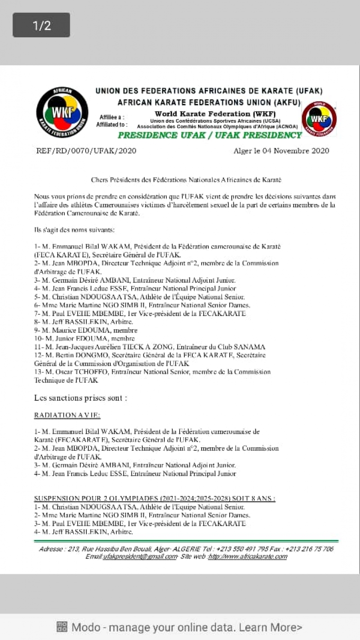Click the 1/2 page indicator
(41, 25)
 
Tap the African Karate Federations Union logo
(62, 113)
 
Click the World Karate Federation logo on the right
(319, 118)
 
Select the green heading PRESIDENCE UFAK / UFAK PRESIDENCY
(209, 135)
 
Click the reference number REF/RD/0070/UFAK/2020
(86, 151)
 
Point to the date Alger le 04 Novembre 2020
(281, 151)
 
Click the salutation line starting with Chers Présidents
(186, 180)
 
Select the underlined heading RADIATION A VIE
(67, 415)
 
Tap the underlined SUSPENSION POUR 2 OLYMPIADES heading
(155, 498)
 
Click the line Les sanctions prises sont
(81, 398)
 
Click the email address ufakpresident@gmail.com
(139, 557)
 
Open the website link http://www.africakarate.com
(247, 557)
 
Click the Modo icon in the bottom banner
(62, 627)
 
